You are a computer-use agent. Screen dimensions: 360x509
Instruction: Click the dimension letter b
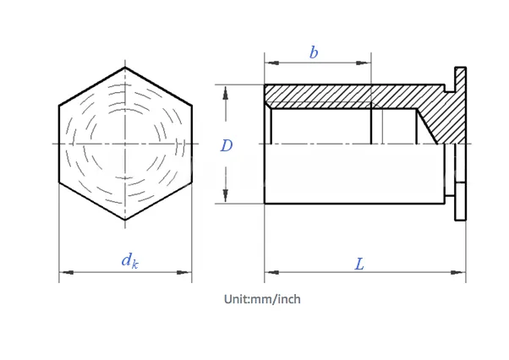[314, 52]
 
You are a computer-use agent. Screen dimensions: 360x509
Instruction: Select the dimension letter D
[227, 145]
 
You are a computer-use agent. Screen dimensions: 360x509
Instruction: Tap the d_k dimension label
[129, 260]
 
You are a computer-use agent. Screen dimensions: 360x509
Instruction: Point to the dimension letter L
[359, 265]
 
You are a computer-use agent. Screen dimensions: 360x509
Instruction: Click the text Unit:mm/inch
[262, 299]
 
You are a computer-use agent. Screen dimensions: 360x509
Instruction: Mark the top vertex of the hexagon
[125, 68]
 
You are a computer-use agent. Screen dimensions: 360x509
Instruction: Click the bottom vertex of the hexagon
[125, 220]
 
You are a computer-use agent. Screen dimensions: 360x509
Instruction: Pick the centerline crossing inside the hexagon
[125, 145]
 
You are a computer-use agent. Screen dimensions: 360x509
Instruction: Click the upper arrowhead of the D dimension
[227, 90]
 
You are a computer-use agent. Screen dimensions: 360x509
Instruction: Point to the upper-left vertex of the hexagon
[59, 106]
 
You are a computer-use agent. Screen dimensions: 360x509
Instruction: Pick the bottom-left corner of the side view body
[265, 203]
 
